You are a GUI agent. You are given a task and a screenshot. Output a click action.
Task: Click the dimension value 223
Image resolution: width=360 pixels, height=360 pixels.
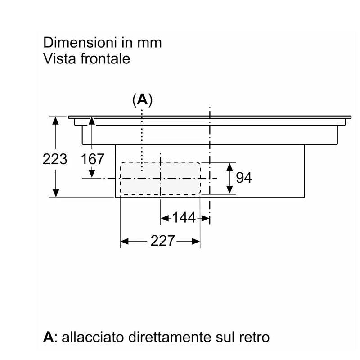coord(55,159)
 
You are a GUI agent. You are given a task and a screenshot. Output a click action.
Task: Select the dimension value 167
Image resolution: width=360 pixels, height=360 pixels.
coord(93,159)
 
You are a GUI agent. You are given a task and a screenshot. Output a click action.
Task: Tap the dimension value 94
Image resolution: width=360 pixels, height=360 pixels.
coord(244,178)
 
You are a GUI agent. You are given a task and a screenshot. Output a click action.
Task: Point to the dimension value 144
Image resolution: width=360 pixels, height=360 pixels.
coord(184,217)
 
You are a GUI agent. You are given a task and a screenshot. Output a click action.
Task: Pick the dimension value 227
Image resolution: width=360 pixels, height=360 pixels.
coord(162,241)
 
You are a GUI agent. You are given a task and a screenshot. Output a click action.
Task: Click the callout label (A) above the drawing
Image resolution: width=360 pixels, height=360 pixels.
coord(142,100)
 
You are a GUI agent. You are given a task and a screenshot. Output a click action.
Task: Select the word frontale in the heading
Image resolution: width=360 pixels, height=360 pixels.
coord(105,58)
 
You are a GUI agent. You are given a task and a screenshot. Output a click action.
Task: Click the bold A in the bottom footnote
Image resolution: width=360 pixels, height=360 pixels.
coord(48,337)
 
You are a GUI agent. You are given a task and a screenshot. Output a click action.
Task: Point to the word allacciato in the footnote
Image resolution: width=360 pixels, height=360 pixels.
coord(93,337)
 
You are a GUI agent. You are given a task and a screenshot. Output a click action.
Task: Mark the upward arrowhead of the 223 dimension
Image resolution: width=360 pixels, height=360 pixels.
coord(55,120)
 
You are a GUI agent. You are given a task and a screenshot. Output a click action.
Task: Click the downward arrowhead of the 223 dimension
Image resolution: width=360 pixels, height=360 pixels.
coord(55,193)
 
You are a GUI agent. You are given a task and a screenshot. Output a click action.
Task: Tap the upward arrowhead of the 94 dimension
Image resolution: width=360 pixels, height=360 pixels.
coord(229,166)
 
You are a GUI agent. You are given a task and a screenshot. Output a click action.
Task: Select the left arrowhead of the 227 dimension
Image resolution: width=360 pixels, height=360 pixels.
coord(125,241)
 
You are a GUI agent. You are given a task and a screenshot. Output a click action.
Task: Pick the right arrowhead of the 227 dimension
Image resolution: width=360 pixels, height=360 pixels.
coord(196,241)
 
